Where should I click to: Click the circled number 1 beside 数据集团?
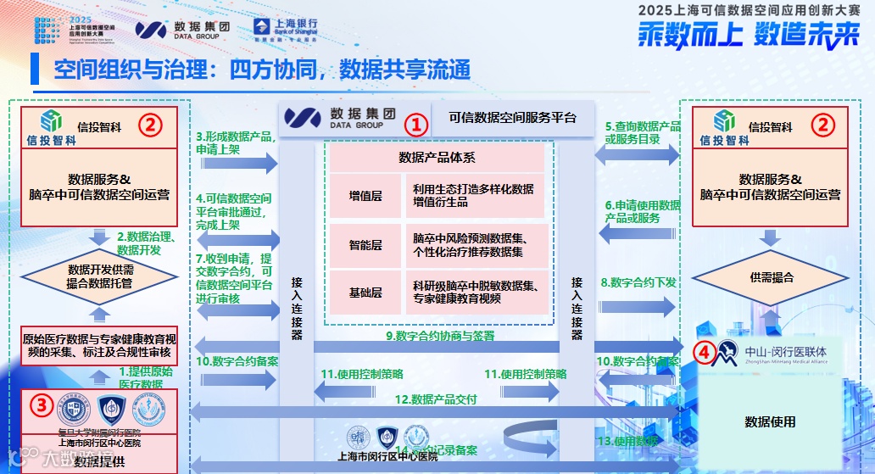point(416,124)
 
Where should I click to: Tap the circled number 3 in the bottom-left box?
point(39,404)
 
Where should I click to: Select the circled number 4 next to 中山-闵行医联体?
point(703,350)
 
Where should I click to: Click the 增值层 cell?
point(365,196)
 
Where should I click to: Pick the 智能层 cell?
point(365,245)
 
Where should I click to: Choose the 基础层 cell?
point(365,293)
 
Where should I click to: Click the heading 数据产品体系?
point(437,157)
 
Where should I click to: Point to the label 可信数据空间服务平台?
point(512,119)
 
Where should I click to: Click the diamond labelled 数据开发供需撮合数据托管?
point(100,277)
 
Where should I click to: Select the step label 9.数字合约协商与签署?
point(440,336)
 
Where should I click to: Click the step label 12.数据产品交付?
point(437,399)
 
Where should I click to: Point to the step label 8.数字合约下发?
point(638,282)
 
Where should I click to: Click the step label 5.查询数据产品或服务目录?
point(643,132)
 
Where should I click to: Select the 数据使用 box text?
point(770,421)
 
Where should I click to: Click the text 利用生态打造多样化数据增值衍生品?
point(473,196)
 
